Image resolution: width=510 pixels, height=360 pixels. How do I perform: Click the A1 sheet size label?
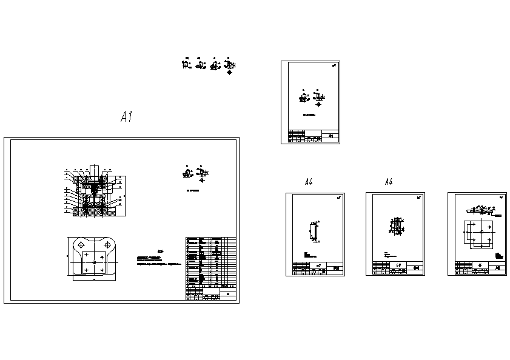click(x=126, y=117)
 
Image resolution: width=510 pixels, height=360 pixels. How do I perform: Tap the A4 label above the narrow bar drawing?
click(x=309, y=182)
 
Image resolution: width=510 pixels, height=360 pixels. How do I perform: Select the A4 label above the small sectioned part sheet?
click(x=389, y=182)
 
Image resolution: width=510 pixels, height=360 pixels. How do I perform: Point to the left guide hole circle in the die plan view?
click(x=80, y=244)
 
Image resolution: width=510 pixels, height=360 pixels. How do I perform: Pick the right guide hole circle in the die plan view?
click(x=107, y=244)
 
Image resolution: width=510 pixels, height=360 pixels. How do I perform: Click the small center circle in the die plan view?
click(x=93, y=261)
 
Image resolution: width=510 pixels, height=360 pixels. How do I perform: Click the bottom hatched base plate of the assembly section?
click(x=93, y=212)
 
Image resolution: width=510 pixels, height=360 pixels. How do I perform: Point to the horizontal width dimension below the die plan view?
click(x=94, y=281)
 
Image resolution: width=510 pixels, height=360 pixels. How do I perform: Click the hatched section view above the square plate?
click(x=481, y=211)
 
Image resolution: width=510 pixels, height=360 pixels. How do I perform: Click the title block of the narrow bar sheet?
click(x=318, y=268)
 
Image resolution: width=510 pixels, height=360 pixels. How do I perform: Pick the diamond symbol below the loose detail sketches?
click(x=229, y=72)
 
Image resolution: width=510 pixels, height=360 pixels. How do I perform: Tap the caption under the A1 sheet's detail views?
click(x=193, y=190)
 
